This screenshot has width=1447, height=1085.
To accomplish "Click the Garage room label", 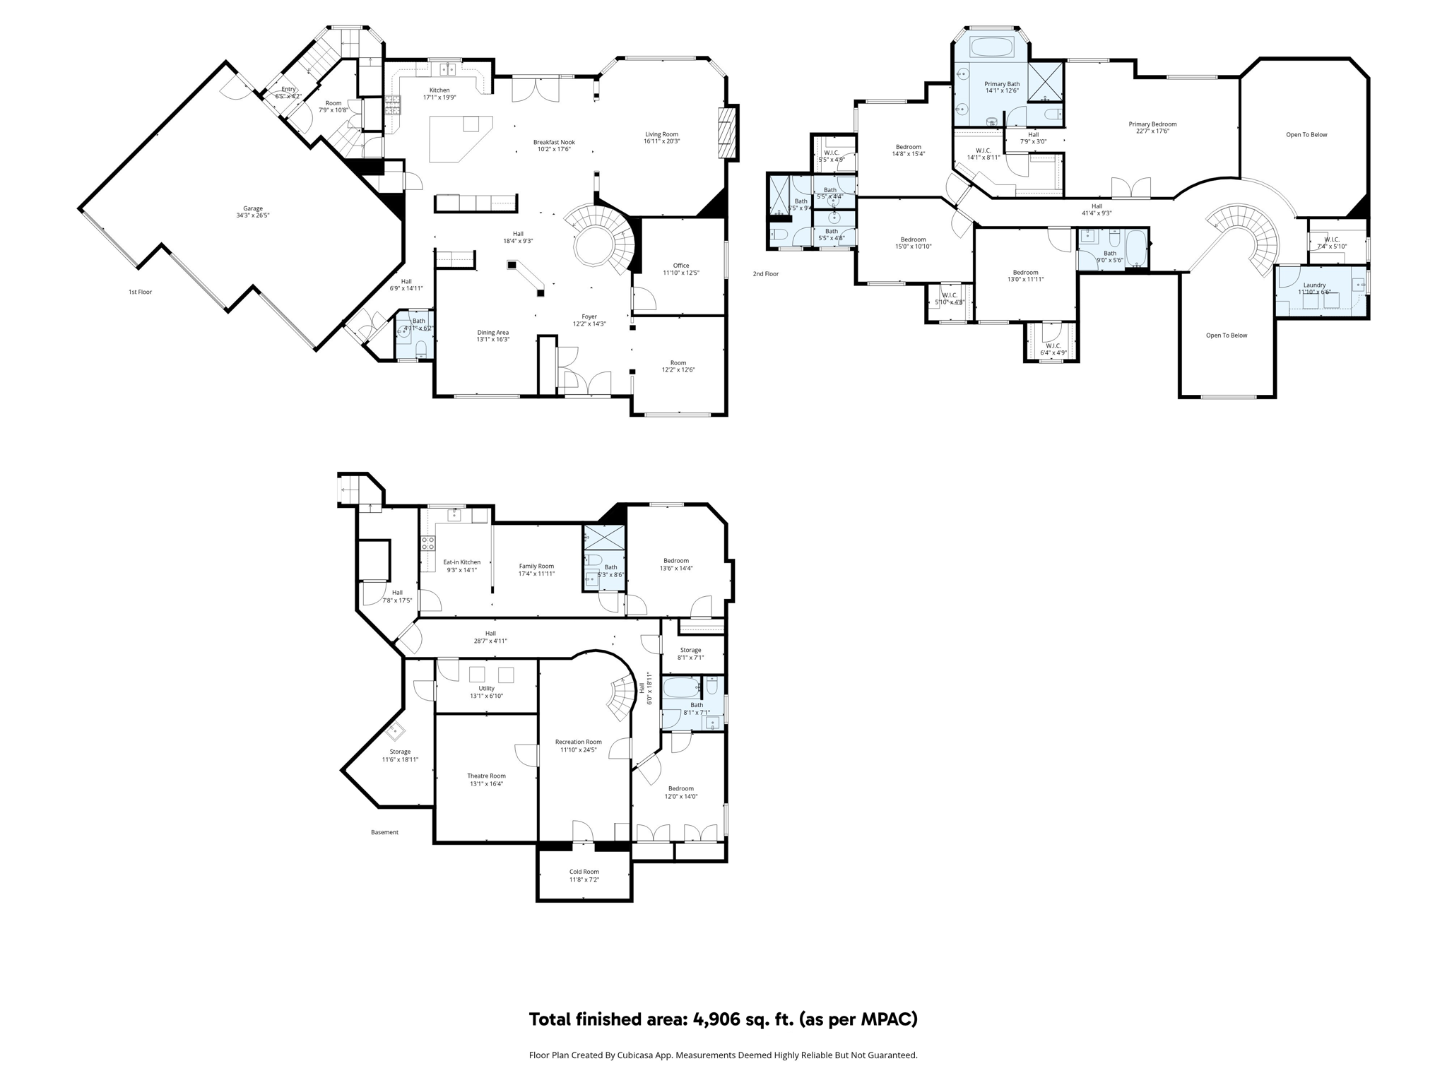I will coord(253,208).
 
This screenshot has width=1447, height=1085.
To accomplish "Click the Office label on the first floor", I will coord(680,266).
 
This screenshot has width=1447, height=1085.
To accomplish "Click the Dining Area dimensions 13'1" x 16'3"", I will coord(492,340).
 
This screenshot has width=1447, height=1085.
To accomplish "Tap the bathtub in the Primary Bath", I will coord(992,48).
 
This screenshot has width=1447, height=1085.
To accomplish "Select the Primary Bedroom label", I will coord(1152,124).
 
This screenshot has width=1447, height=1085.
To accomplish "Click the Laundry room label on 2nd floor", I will coord(1314,285).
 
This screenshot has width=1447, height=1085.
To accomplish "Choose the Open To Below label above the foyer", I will coord(1227,336).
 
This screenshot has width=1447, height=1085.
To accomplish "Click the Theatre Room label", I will coord(486,776).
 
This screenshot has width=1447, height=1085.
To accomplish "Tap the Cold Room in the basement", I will coord(584,875).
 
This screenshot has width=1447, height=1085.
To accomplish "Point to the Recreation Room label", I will coord(578,742).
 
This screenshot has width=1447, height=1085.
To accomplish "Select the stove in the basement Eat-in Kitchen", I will coord(427,543).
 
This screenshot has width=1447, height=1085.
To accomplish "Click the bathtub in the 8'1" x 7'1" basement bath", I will coord(682,687).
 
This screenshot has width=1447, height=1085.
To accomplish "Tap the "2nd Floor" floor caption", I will coord(765,273).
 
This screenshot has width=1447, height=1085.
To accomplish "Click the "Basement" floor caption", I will coord(384,832).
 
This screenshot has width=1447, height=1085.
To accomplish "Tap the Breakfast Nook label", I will coord(553,142).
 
